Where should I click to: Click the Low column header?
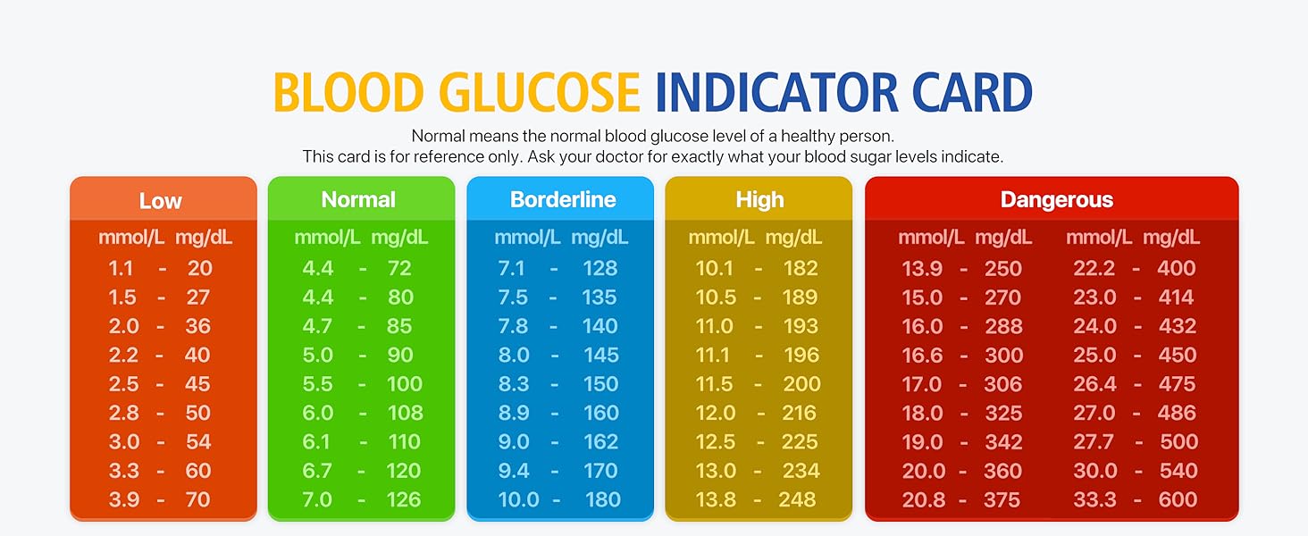point(161,200)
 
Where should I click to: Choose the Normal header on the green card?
point(358,199)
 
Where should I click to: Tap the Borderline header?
point(563,199)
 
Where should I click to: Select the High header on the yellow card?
point(759,199)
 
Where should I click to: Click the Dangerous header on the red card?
point(1056,199)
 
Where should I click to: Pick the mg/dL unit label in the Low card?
point(204,238)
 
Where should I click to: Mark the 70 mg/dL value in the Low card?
point(198,500)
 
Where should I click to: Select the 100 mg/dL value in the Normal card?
point(405,384)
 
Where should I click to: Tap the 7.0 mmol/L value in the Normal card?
point(317,500)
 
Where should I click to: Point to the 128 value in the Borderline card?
point(599,268)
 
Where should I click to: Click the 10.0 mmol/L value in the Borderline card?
point(518,500)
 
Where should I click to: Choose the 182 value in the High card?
point(800,268)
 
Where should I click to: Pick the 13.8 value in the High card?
point(715,500)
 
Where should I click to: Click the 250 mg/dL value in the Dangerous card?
point(1003,268)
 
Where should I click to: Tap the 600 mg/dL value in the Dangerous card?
point(1177,500)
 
